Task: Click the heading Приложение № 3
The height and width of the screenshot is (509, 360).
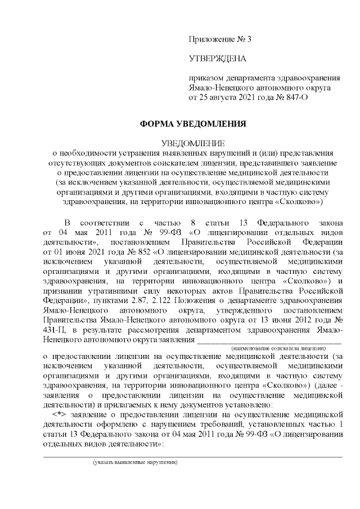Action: [220, 39]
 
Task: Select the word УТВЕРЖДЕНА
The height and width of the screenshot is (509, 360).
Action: [218, 58]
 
